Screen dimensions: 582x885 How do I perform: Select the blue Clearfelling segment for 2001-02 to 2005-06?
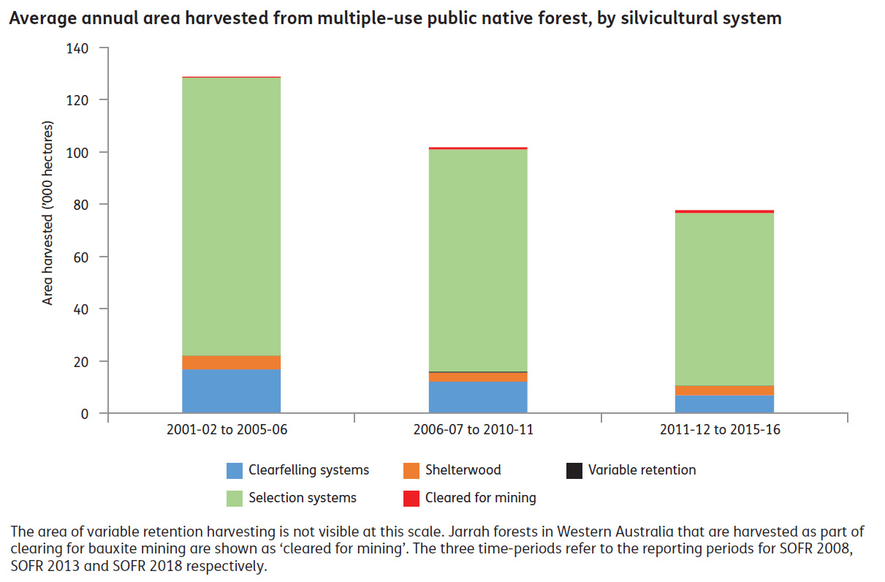point(231,391)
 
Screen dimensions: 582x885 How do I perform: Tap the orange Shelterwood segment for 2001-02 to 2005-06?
point(231,363)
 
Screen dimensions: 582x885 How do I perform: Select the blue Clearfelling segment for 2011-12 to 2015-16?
point(724,404)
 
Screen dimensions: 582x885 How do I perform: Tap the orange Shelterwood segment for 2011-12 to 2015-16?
point(724,390)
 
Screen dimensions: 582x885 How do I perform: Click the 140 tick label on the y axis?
point(77,48)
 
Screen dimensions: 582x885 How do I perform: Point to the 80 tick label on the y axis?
point(80,205)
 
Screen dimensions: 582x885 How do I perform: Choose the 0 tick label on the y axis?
point(84,414)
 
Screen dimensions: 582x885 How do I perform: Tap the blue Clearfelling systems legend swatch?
point(235,470)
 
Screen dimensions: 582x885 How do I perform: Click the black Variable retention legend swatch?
point(574,470)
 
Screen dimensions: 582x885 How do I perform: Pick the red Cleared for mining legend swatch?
point(411,498)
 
